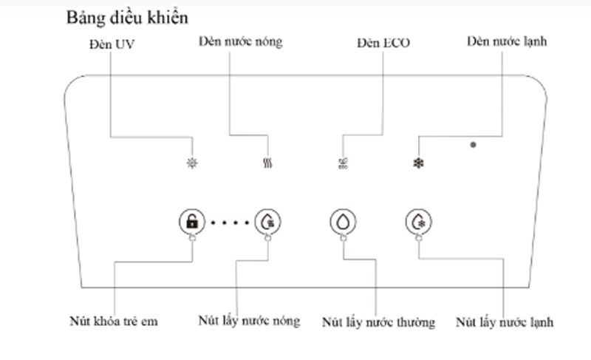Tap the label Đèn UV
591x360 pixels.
pyautogui.click(x=109, y=44)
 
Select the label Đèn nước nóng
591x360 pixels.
pyautogui.click(x=240, y=41)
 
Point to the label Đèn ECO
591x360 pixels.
pyautogui.click(x=383, y=44)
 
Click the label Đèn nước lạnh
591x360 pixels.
pyautogui.click(x=507, y=41)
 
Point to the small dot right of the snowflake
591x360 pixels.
pyautogui.click(x=473, y=145)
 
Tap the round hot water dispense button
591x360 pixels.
pyautogui.click(x=267, y=221)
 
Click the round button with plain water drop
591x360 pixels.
pyautogui.click(x=343, y=221)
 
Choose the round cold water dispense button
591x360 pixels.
pyautogui.click(x=419, y=221)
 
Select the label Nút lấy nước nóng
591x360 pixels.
pyautogui.click(x=249, y=321)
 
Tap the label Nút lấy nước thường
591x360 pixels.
pyautogui.click(x=378, y=323)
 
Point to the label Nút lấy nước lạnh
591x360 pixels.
pyautogui.click(x=505, y=322)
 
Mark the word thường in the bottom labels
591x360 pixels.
pyautogui.click(x=414, y=323)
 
